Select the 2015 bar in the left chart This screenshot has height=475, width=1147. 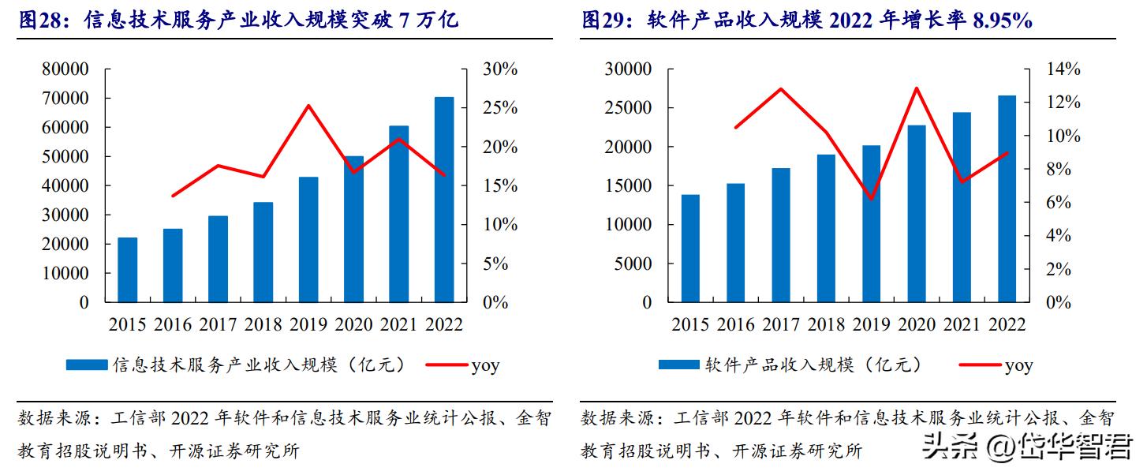(x=127, y=270)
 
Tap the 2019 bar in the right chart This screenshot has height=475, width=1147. (x=871, y=224)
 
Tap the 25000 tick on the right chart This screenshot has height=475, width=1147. (x=629, y=108)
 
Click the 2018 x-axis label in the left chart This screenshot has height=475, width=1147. (x=263, y=324)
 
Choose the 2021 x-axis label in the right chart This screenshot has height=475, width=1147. (x=962, y=324)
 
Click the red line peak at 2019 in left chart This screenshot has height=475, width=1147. (x=308, y=106)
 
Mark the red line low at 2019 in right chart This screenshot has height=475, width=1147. (x=871, y=199)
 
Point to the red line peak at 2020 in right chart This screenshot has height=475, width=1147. (x=916, y=88)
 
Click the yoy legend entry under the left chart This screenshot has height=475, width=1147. (x=484, y=365)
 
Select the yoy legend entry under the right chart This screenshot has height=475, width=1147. (x=1018, y=365)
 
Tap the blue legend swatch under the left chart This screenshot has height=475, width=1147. (x=87, y=365)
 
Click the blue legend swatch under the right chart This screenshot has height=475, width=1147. (x=678, y=365)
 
